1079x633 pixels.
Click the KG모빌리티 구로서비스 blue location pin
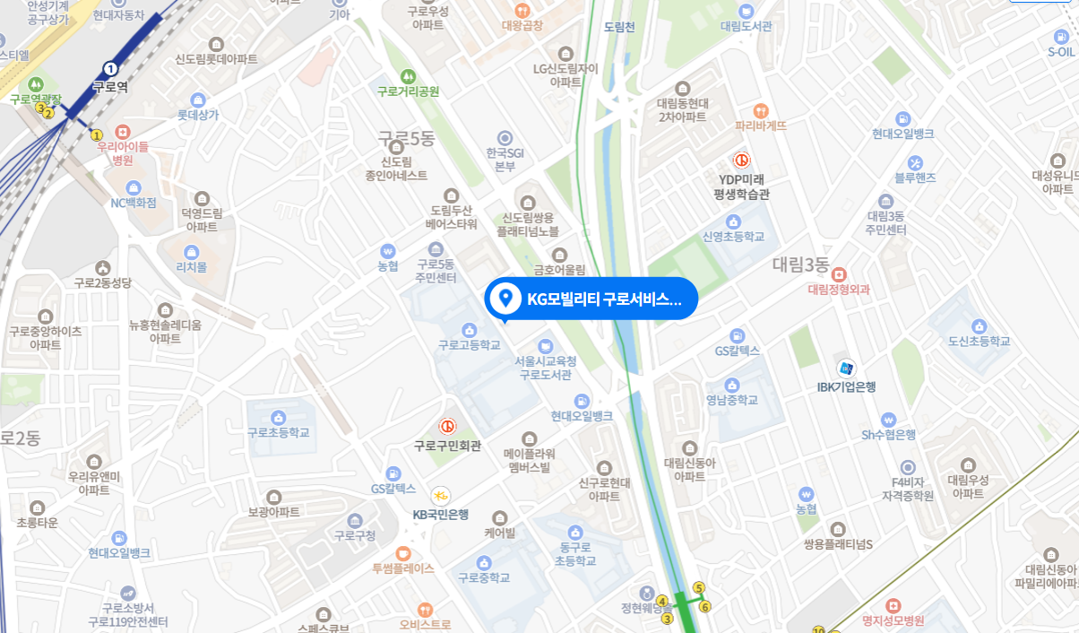pyautogui.click(x=505, y=298)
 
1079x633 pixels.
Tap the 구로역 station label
pyautogui.click(x=110, y=87)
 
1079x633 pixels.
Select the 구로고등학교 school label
pyautogui.click(x=469, y=344)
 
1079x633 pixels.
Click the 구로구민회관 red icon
pyautogui.click(x=446, y=427)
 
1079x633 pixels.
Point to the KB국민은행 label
pyautogui.click(x=441, y=515)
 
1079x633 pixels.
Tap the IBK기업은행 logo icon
pyautogui.click(x=846, y=368)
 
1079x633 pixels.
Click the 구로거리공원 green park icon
pyautogui.click(x=409, y=74)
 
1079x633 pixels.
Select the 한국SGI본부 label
pyautogui.click(x=505, y=159)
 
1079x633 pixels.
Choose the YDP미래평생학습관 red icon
pyautogui.click(x=742, y=160)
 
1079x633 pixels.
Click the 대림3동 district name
pyautogui.click(x=801, y=264)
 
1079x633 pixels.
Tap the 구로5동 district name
pyautogui.click(x=405, y=139)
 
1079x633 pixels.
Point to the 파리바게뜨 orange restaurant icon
pyautogui.click(x=761, y=110)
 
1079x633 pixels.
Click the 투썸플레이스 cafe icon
pyautogui.click(x=403, y=552)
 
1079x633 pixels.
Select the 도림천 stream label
pyautogui.click(x=619, y=27)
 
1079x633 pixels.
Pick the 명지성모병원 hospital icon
pyautogui.click(x=892, y=605)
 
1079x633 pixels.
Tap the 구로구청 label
pyautogui.click(x=355, y=535)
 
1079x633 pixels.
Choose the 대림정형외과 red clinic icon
pyautogui.click(x=839, y=274)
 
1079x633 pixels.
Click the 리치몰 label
pyautogui.click(x=191, y=266)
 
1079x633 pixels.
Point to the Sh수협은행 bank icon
pyautogui.click(x=888, y=419)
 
